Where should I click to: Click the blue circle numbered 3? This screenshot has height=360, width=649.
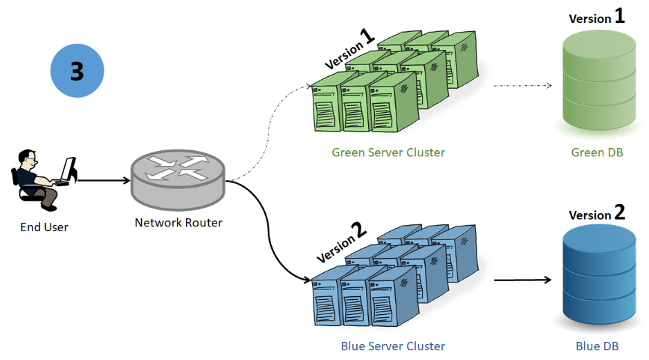pyautogui.click(x=77, y=71)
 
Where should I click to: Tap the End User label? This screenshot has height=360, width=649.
pyautogui.click(x=44, y=227)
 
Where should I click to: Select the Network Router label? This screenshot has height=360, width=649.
pyautogui.click(x=179, y=222)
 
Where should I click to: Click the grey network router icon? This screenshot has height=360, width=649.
pyautogui.click(x=178, y=180)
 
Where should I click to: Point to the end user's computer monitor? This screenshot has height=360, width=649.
pyautogui.click(x=68, y=169)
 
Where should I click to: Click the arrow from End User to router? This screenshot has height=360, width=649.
pyautogui.click(x=104, y=180)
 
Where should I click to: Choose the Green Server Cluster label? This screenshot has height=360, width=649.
pyautogui.click(x=388, y=152)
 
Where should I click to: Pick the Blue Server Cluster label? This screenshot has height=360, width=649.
pyautogui.click(x=393, y=346)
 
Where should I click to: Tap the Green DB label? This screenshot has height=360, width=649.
pyautogui.click(x=597, y=152)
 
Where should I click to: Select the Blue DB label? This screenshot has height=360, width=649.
pyautogui.click(x=597, y=346)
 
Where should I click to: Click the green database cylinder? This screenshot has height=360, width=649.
pyautogui.click(x=599, y=81)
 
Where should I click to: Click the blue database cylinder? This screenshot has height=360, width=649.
pyautogui.click(x=599, y=275)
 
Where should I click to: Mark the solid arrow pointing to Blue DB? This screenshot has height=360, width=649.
pyautogui.click(x=523, y=280)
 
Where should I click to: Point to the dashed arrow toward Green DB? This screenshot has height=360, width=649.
pyautogui.click(x=523, y=86)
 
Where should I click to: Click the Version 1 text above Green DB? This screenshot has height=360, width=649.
pyautogui.click(x=596, y=17)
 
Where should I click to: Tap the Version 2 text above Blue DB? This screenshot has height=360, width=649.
pyautogui.click(x=597, y=213)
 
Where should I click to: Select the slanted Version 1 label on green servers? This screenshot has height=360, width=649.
pyautogui.click(x=349, y=49)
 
